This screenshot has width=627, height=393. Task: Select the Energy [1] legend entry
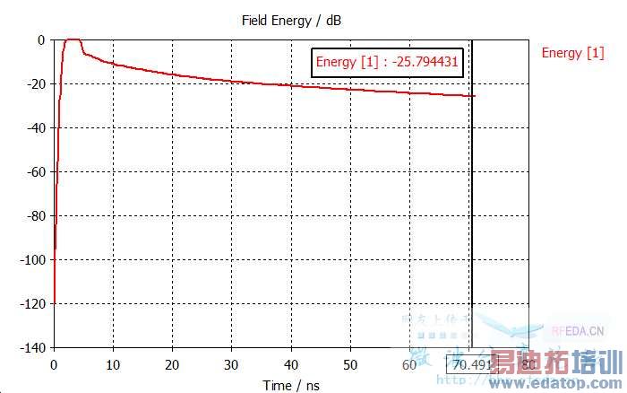point(572,53)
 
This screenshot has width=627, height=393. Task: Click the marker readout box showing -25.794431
point(387,63)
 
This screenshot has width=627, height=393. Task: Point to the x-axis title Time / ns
point(290,386)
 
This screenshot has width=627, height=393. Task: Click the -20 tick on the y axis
point(35,84)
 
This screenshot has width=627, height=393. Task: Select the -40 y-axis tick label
point(35,128)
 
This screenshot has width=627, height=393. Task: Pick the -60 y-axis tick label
point(35,171)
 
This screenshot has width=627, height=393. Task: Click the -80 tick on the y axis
point(35,215)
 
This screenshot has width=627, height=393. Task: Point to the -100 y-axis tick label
point(32,259)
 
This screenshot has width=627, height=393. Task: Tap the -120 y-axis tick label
point(32,303)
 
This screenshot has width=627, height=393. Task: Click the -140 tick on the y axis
point(32,347)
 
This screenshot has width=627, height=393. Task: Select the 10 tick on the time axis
point(113,364)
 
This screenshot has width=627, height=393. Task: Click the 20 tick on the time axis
point(172,364)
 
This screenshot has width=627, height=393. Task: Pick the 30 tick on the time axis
point(231,364)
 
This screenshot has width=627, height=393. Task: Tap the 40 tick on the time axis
point(291,364)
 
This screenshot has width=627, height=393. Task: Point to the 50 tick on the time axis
point(350,364)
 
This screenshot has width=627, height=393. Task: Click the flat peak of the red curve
point(72,39)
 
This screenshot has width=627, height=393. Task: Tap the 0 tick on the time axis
point(54,364)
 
